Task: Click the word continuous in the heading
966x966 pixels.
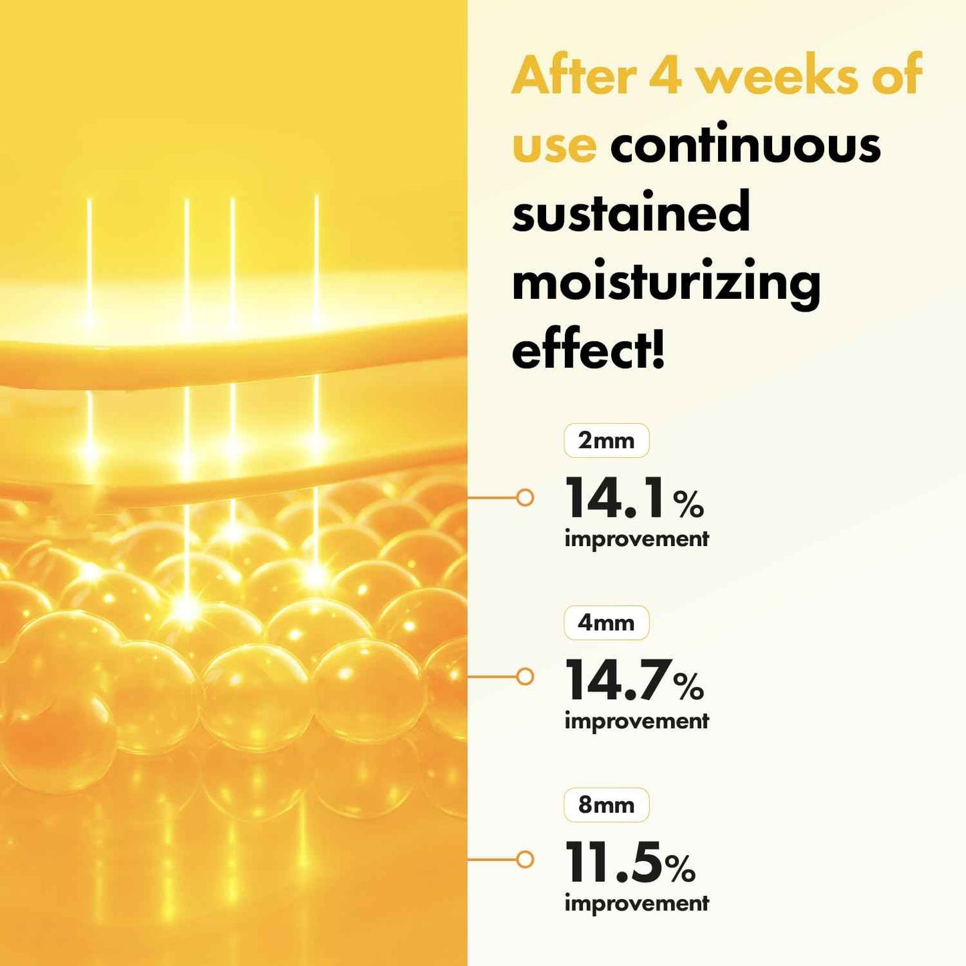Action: click(745, 146)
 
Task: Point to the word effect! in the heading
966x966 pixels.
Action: click(589, 351)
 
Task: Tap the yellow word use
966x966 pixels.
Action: click(554, 146)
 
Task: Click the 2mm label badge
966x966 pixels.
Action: click(606, 441)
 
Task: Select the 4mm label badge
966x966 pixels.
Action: click(606, 623)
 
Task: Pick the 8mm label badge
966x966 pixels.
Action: click(606, 805)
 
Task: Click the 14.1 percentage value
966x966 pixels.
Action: click(616, 499)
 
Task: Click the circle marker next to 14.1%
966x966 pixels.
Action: click(525, 497)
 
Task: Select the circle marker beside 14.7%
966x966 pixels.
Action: click(525, 677)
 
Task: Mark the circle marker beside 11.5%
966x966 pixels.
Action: click(525, 859)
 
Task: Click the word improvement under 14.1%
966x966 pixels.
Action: click(636, 539)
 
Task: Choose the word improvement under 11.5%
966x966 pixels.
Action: click(636, 904)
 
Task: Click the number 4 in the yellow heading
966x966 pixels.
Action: click(665, 76)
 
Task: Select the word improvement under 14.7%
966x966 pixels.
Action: click(636, 722)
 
